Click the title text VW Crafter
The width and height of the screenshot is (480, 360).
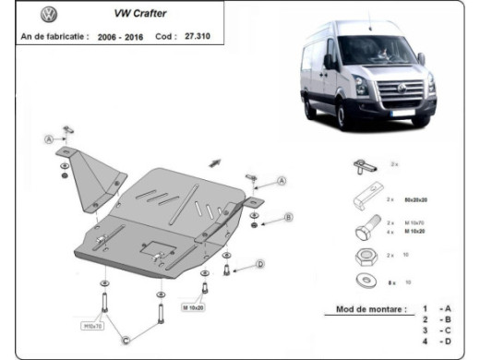[139, 15]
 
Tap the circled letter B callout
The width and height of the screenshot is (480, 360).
[288, 217]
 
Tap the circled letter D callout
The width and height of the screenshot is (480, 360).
[260, 265]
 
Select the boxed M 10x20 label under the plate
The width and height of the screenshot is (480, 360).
[191, 306]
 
